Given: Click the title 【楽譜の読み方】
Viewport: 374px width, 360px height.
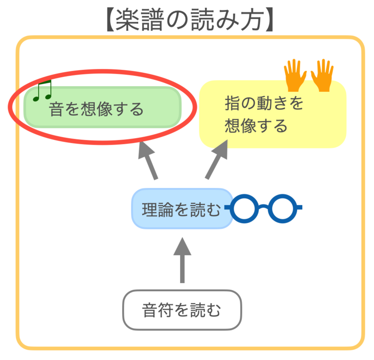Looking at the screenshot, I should tap(187, 19).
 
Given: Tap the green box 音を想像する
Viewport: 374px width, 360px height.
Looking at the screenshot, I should tap(102, 108).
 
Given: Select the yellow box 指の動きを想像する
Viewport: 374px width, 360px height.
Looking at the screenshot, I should tap(272, 115).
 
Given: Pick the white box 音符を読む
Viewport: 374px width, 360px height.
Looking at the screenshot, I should tap(182, 310).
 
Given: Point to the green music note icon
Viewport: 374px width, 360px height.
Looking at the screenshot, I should tap(42, 91).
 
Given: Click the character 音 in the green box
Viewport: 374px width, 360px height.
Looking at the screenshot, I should tap(56, 109).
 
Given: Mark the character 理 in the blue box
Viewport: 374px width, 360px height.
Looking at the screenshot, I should tap(149, 210).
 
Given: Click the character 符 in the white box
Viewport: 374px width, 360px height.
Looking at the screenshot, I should tap(166, 311).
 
